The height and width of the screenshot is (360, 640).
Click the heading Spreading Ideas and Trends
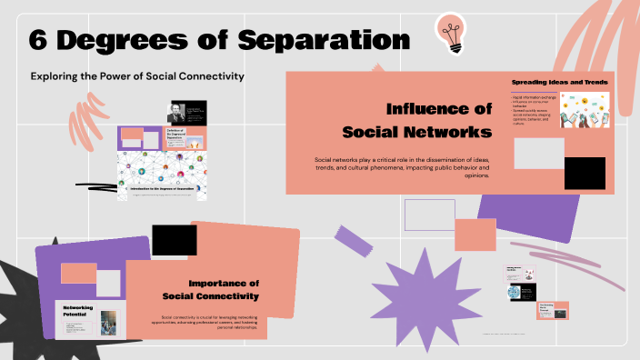(x=559, y=83)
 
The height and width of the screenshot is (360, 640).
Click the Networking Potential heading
(x=78, y=312)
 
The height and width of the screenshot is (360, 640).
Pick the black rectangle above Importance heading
(x=174, y=240)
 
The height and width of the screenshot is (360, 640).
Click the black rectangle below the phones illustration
(x=585, y=173)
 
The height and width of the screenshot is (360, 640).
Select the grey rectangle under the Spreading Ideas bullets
(x=539, y=153)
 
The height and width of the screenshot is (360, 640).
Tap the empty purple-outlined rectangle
(x=428, y=215)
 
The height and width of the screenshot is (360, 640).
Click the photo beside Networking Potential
(x=109, y=321)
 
